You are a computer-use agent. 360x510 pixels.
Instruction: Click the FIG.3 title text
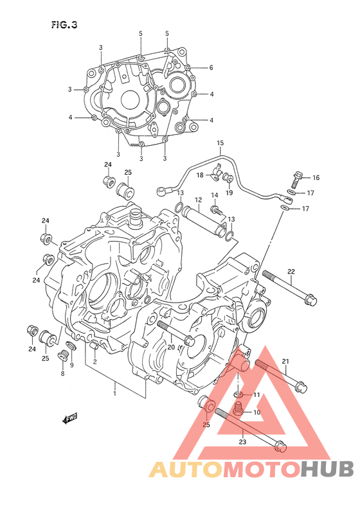(x=64, y=25)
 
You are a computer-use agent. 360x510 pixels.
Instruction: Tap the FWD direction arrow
(x=70, y=419)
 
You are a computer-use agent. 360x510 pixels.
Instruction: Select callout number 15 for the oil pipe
(x=221, y=143)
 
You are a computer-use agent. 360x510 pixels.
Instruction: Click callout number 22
(x=291, y=271)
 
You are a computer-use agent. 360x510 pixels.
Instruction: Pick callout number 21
(x=285, y=361)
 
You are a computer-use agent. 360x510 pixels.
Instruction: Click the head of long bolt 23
(x=280, y=446)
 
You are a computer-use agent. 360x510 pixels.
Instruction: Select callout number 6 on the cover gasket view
(x=212, y=67)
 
